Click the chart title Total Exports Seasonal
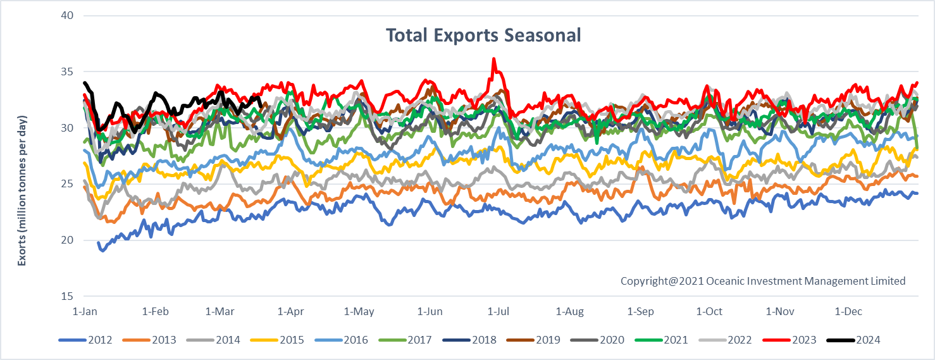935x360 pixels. [483, 35]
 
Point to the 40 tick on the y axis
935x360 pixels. [66, 15]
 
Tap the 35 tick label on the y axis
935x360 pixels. [66, 71]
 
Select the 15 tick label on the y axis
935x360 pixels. [66, 296]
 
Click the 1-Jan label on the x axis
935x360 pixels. [85, 311]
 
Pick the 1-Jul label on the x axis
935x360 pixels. [498, 311]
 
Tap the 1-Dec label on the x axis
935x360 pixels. [848, 311]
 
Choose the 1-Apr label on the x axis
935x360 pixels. [290, 311]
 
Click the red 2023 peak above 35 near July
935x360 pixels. [493, 59]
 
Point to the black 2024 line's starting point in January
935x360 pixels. [85, 83]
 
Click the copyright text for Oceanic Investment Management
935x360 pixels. [763, 281]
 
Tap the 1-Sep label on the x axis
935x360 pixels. [640, 311]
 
